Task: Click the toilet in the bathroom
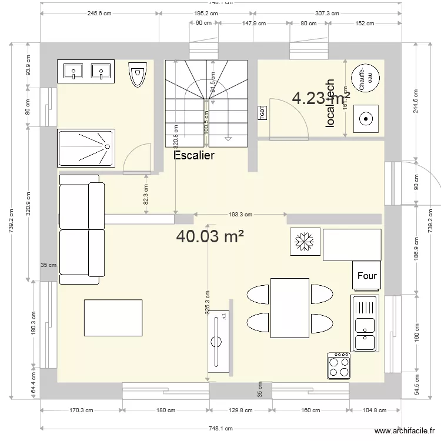tap(137, 74)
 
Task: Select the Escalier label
tap(194, 156)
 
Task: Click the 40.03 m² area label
tap(210, 236)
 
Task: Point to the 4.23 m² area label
tap(321, 98)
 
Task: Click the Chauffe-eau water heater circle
tap(365, 77)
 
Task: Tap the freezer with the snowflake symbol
tap(305, 242)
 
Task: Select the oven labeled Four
tap(367, 276)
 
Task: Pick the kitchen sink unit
tap(365, 323)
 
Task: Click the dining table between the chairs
tap(289, 308)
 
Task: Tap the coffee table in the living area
tap(113, 318)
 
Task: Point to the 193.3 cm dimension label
tap(240, 215)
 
